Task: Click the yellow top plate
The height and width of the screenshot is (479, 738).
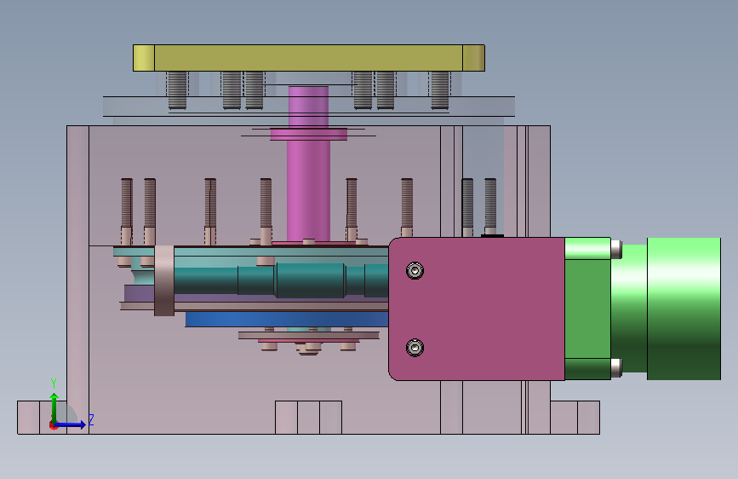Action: pyautogui.click(x=309, y=58)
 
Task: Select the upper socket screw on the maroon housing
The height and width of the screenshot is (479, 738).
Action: pyautogui.click(x=415, y=271)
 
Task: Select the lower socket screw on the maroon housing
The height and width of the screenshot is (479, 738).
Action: pyautogui.click(x=415, y=348)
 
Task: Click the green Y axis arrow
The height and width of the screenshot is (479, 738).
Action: pyautogui.click(x=54, y=408)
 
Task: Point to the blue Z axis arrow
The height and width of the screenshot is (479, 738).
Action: pyautogui.click(x=70, y=424)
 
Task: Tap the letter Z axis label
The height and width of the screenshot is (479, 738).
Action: pyautogui.click(x=91, y=419)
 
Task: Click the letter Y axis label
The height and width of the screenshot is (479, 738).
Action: pyautogui.click(x=54, y=384)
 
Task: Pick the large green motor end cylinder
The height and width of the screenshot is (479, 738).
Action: pyautogui.click(x=684, y=309)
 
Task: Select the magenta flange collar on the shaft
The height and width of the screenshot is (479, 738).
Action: pyautogui.click(x=309, y=135)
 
